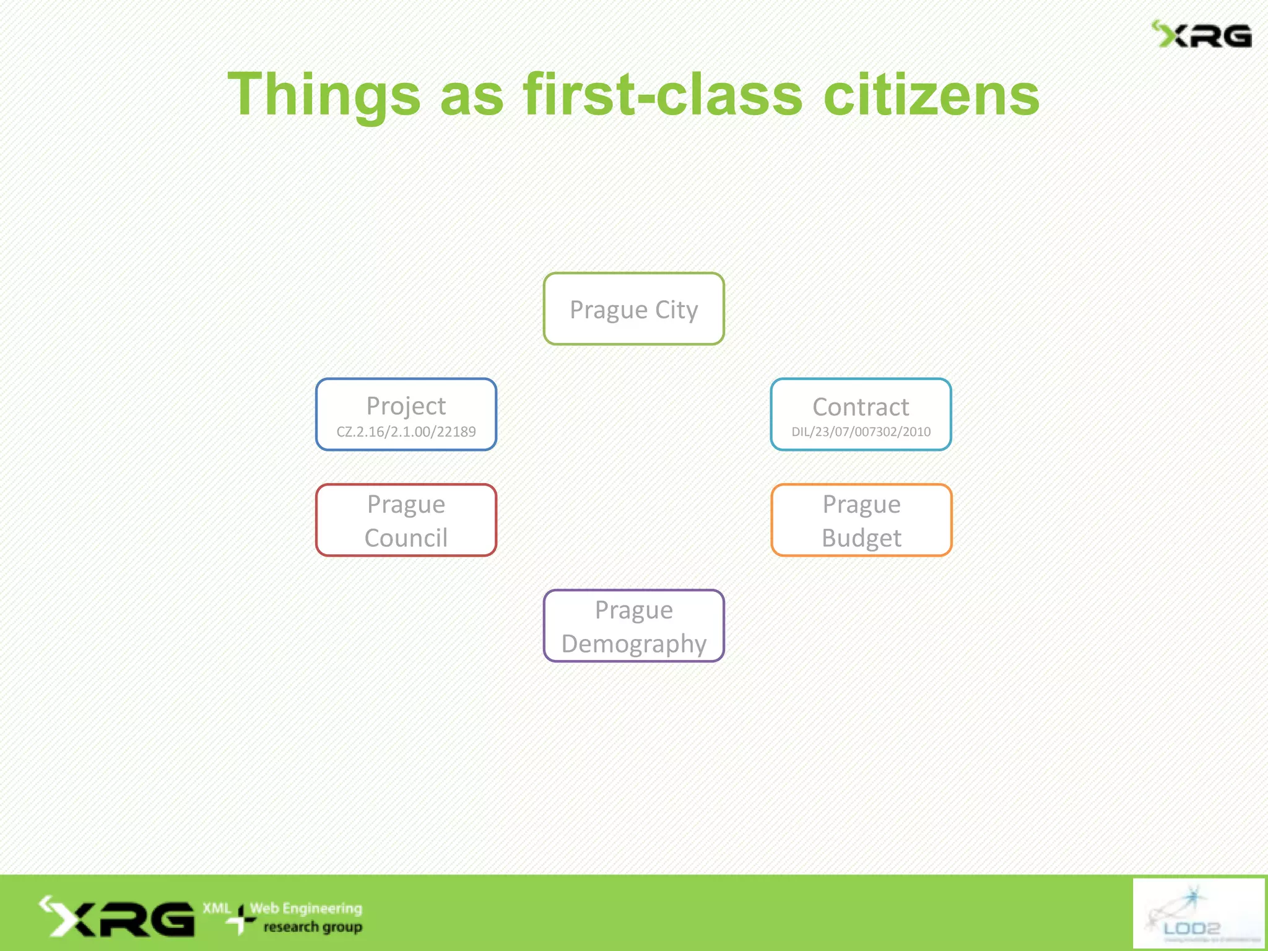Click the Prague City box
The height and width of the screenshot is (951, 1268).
[633, 309]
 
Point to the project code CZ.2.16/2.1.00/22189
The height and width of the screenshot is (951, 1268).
[406, 432]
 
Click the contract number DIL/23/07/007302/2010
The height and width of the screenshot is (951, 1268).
[861, 432]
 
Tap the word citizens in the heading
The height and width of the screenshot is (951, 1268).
[931, 95]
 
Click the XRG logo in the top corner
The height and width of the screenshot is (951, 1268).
[1201, 35]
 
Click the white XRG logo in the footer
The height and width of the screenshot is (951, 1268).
[118, 917]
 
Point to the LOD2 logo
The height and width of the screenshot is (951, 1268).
[1198, 913]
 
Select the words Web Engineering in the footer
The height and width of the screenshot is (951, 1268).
[306, 908]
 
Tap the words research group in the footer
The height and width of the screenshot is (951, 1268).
[313, 927]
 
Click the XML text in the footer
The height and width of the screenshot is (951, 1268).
[217, 908]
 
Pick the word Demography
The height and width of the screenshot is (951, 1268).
[633, 644]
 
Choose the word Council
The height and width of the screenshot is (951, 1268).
[406, 537]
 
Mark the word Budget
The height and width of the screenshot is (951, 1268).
[861, 537]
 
